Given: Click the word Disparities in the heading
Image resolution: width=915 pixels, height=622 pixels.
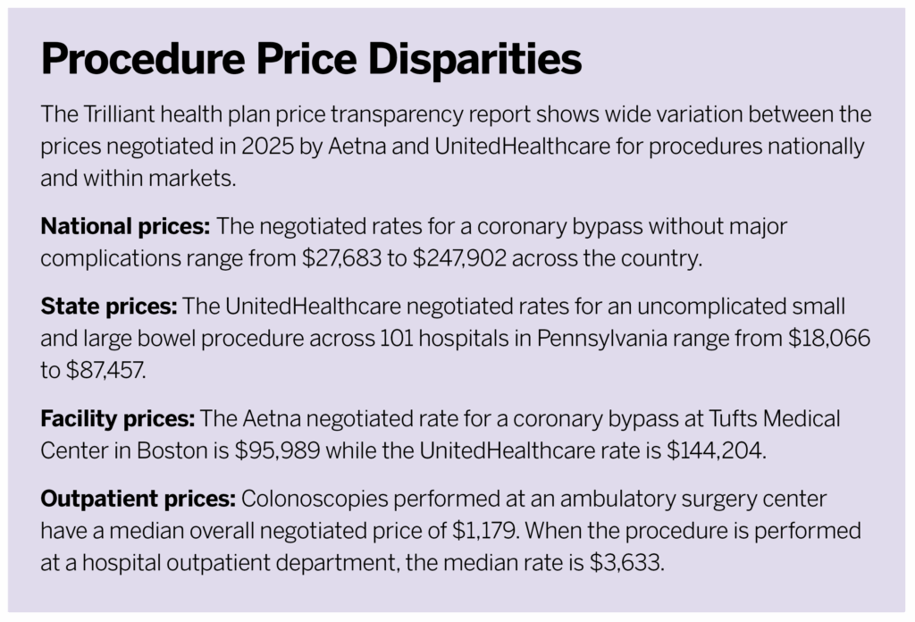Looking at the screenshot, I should [x=473, y=61].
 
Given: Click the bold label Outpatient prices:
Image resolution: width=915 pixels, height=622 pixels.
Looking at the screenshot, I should [x=136, y=501].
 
